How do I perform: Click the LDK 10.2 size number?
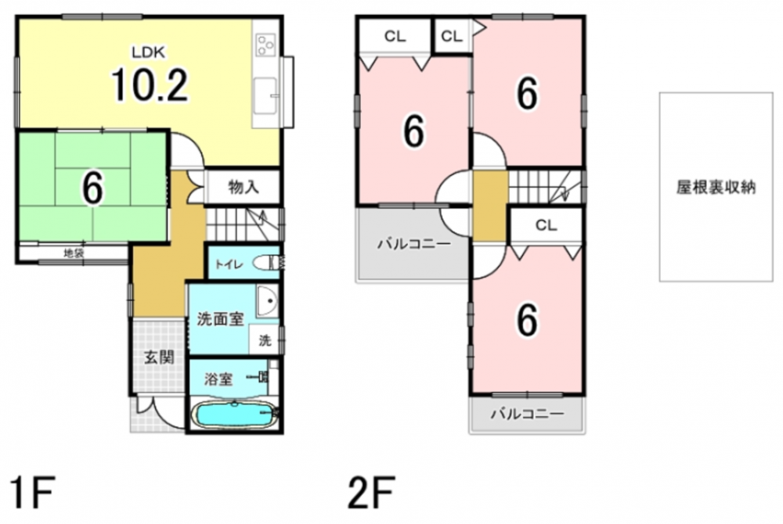150,84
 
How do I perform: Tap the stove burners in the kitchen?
265,45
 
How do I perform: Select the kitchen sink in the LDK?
265,95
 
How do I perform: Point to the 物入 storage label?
244,188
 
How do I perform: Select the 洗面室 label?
220,319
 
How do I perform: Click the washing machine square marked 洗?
265,340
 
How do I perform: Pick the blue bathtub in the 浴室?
233,415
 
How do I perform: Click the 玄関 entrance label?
159,357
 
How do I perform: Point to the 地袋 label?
74,253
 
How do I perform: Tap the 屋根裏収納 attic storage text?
716,188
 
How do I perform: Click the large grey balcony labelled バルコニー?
413,244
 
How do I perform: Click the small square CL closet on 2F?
453,37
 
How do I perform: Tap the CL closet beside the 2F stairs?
547,225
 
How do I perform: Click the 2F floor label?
371,492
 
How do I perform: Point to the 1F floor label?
31,492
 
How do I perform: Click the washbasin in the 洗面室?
268,300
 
